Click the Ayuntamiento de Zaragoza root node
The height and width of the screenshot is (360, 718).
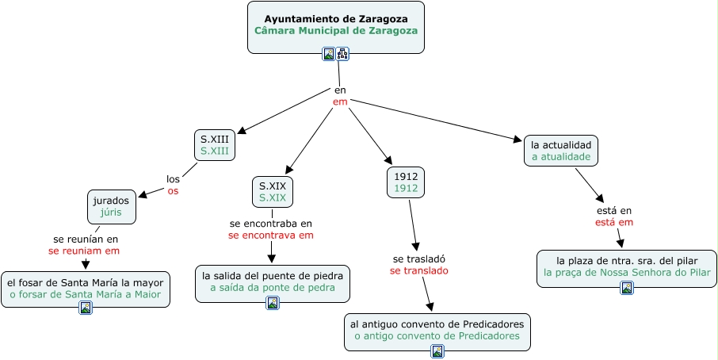pyautogui.click(x=335, y=24)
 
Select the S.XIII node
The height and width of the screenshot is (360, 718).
pyautogui.click(x=214, y=144)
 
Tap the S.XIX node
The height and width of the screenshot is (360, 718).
pyautogui.click(x=272, y=191)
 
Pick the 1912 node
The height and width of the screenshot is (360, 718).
pyautogui.click(x=406, y=182)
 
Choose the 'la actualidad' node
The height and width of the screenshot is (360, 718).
pyautogui.click(x=560, y=150)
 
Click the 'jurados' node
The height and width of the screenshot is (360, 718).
pyautogui.click(x=110, y=206)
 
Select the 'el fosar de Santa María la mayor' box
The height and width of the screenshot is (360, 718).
pyautogui.click(x=85, y=289)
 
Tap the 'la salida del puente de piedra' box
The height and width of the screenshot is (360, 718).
pyautogui.click(x=272, y=281)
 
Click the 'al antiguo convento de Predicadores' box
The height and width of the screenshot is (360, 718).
pyautogui.click(x=437, y=330)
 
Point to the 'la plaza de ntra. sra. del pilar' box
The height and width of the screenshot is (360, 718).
pyautogui.click(x=626, y=266)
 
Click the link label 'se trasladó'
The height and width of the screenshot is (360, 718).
pyautogui.click(x=419, y=259)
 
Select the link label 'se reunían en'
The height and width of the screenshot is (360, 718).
pyautogui.click(x=85, y=239)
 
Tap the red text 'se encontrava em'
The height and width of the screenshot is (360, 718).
pyautogui.click(x=271, y=236)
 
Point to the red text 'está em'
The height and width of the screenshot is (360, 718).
pyautogui.click(x=614, y=223)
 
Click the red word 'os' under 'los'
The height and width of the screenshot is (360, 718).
pyautogui.click(x=173, y=191)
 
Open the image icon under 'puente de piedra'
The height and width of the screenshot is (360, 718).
pyautogui.click(x=272, y=302)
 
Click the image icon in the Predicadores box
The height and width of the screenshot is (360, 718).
pyautogui.click(x=437, y=350)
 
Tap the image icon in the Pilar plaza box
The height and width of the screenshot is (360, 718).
pyautogui.click(x=626, y=287)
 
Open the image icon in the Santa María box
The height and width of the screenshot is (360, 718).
pyautogui.click(x=86, y=308)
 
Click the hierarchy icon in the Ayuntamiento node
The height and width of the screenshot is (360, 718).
pyautogui.click(x=342, y=54)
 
